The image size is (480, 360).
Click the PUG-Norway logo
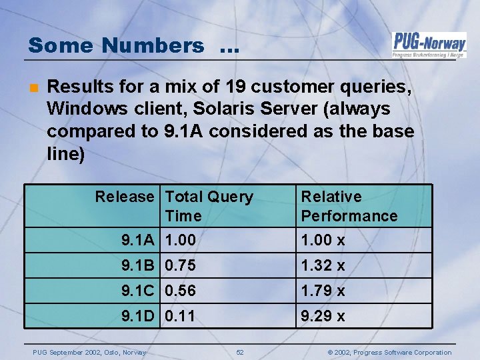pyautogui.click(x=429, y=45)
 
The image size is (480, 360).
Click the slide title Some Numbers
pyautogui.click(x=117, y=45)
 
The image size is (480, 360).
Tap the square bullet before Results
pyautogui.click(x=33, y=87)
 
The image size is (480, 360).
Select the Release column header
pyautogui.click(x=124, y=197)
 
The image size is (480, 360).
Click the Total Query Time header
pyautogui.click(x=209, y=206)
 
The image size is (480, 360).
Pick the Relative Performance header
pyautogui.click(x=349, y=206)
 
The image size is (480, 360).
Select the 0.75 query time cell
pyautogui.click(x=181, y=265)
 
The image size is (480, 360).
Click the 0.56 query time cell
pyautogui.click(x=181, y=291)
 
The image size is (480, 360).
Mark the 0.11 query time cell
pyautogui.click(x=181, y=316)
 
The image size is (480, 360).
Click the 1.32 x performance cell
pyautogui.click(x=323, y=265)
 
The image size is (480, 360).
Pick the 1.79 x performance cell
pyautogui.click(x=323, y=291)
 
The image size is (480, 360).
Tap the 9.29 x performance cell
pyautogui.click(x=323, y=316)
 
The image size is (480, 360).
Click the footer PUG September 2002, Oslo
pyautogui.click(x=85, y=352)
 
